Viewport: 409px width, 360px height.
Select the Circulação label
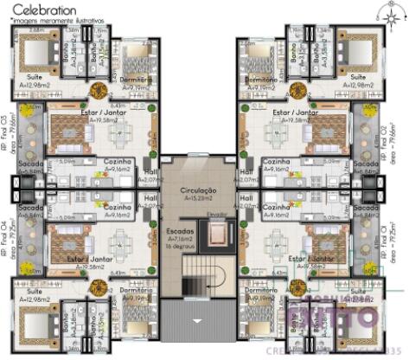click(x=197, y=189)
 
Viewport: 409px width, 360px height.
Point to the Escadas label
click(x=182, y=233)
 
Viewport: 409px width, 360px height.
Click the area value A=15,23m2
click(x=197, y=198)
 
